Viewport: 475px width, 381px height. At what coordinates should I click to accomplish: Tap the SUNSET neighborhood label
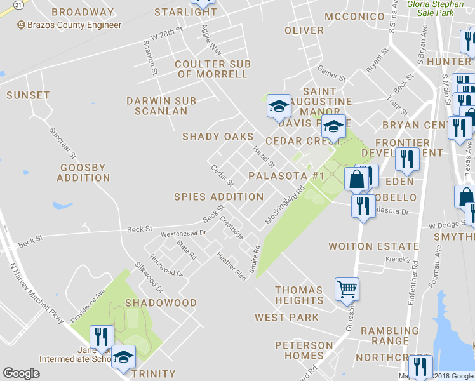pyautogui.click(x=28, y=95)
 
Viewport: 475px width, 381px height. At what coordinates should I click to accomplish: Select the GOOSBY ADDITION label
pyautogui.click(x=83, y=173)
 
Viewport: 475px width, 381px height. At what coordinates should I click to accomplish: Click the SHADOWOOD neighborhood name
pyautogui.click(x=161, y=303)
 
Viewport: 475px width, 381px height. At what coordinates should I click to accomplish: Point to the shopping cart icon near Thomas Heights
pyautogui.click(x=347, y=289)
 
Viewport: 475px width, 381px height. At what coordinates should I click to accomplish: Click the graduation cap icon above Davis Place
pyautogui.click(x=278, y=105)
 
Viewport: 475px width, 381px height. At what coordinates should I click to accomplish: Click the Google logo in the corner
pyautogui.click(x=22, y=373)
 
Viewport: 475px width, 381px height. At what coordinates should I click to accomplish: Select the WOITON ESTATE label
pyautogui.click(x=373, y=246)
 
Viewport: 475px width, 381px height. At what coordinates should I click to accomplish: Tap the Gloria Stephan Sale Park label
pyautogui.click(x=438, y=8)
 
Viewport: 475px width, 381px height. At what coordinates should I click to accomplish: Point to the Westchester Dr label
pyautogui.click(x=184, y=233)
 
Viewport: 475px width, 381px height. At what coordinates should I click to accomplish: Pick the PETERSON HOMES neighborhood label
pyautogui.click(x=304, y=350)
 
